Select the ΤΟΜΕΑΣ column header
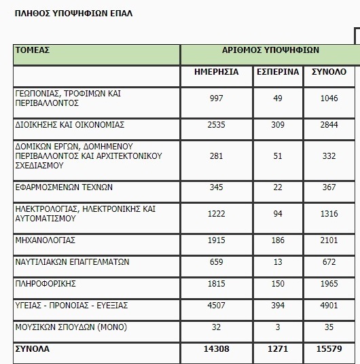[32, 50]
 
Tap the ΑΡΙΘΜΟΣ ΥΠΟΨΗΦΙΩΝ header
[270, 50]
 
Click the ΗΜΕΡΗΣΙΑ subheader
[217, 71]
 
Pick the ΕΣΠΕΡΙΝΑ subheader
[278, 71]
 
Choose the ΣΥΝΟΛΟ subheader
[329, 71]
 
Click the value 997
[217, 98]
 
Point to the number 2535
[217, 126]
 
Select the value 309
[278, 126]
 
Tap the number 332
[329, 156]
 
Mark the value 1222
[217, 214]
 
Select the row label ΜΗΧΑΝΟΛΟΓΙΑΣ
[45, 240]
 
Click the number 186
[278, 240]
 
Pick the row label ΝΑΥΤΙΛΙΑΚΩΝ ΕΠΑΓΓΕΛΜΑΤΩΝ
[72, 262]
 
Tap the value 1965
[329, 283]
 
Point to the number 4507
[217, 305]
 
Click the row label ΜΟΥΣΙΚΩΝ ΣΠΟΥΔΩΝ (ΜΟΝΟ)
[70, 327]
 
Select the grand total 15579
[329, 349]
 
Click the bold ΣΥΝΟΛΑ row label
[32, 349]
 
